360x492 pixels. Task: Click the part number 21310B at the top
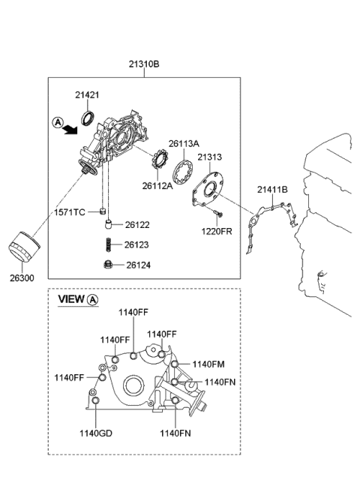(145, 64)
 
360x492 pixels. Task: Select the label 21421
(87, 94)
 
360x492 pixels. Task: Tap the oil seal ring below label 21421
(88, 116)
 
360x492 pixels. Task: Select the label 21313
(210, 157)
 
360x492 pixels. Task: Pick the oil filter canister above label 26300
(21, 247)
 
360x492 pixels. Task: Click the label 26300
(21, 277)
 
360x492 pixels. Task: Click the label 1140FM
(208, 364)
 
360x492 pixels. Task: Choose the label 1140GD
(96, 432)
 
